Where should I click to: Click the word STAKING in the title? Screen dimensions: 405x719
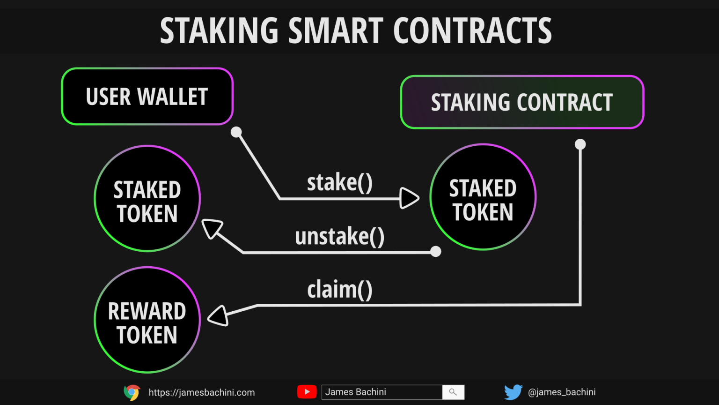(219, 31)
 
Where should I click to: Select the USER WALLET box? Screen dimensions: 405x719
(147, 97)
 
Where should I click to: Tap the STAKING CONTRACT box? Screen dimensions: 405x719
(522, 102)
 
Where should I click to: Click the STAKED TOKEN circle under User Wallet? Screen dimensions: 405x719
(147, 199)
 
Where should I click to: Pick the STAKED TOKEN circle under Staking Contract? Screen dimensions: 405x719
(483, 197)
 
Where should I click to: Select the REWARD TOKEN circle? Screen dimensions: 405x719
(147, 320)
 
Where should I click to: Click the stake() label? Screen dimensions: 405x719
(339, 182)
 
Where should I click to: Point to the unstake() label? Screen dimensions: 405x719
(339, 236)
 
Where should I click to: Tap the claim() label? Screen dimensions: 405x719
(339, 290)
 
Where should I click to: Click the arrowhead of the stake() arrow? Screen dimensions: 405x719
(409, 198)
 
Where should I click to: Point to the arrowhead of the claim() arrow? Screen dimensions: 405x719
(219, 315)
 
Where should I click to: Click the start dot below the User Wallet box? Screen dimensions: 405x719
(236, 132)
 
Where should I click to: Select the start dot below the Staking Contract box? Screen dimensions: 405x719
(580, 144)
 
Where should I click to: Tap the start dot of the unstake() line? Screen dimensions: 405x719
(435, 252)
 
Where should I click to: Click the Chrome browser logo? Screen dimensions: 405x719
(132, 392)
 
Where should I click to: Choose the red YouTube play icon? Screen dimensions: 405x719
(307, 392)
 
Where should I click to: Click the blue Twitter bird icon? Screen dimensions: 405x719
(513, 392)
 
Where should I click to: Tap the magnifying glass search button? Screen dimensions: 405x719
(453, 392)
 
